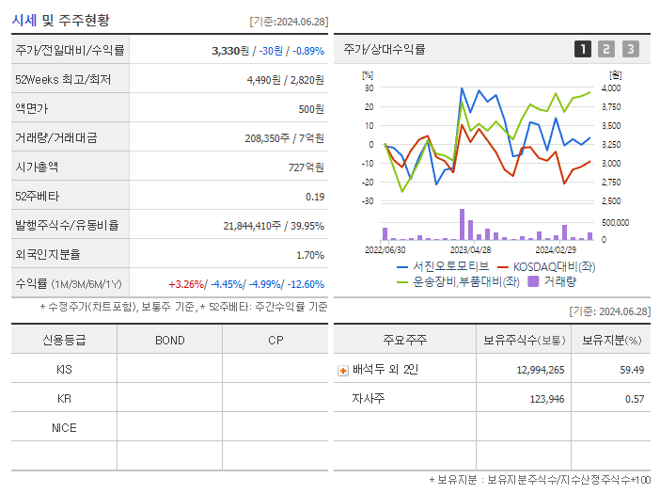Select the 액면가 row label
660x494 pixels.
pyautogui.click(x=35, y=109)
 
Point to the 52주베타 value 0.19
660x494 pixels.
pyautogui.click(x=315, y=197)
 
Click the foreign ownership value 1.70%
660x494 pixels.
pyautogui.click(x=309, y=255)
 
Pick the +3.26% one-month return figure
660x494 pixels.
pyautogui.click(x=186, y=284)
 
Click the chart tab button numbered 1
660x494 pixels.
pyautogui.click(x=583, y=49)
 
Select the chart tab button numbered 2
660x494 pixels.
pyautogui.click(x=606, y=49)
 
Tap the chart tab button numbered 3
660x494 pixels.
pyautogui.click(x=630, y=49)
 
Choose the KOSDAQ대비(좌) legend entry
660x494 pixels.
pyautogui.click(x=546, y=266)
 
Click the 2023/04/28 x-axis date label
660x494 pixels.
pyautogui.click(x=470, y=249)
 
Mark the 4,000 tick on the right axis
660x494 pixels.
pyautogui.click(x=610, y=88)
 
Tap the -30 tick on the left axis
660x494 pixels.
pyautogui.click(x=368, y=201)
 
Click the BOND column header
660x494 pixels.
pyautogui.click(x=169, y=340)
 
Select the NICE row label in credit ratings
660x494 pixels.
pyautogui.click(x=64, y=427)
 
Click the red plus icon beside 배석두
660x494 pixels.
pyautogui.click(x=343, y=370)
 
